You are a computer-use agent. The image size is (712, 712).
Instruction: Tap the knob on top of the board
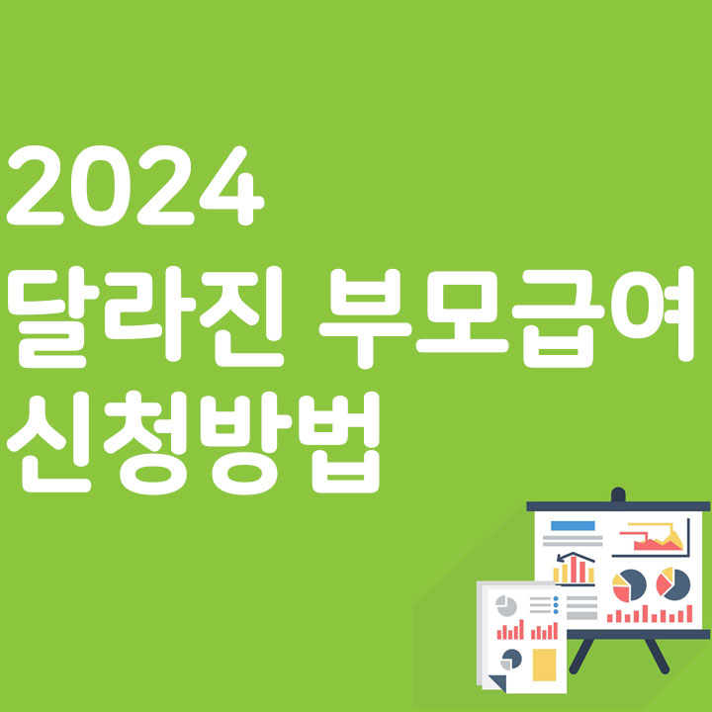pyautogui.click(x=618, y=493)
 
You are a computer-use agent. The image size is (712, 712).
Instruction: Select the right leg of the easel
pyautogui.click(x=656, y=655)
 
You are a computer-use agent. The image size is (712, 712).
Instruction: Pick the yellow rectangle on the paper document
pyautogui.click(x=544, y=664)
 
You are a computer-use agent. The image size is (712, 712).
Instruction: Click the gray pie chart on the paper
pyautogui.click(x=506, y=604)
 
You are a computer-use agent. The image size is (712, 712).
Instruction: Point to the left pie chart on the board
pyautogui.click(x=629, y=584)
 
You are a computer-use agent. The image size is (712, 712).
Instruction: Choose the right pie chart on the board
pyautogui.click(x=672, y=583)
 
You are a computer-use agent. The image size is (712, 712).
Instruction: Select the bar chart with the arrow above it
pyautogui.click(x=574, y=568)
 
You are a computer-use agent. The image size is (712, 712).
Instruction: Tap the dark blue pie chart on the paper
pyautogui.click(x=511, y=659)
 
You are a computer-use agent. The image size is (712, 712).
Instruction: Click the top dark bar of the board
pyautogui.click(x=618, y=505)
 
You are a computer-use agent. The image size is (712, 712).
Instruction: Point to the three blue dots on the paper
pyautogui.click(x=556, y=606)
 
